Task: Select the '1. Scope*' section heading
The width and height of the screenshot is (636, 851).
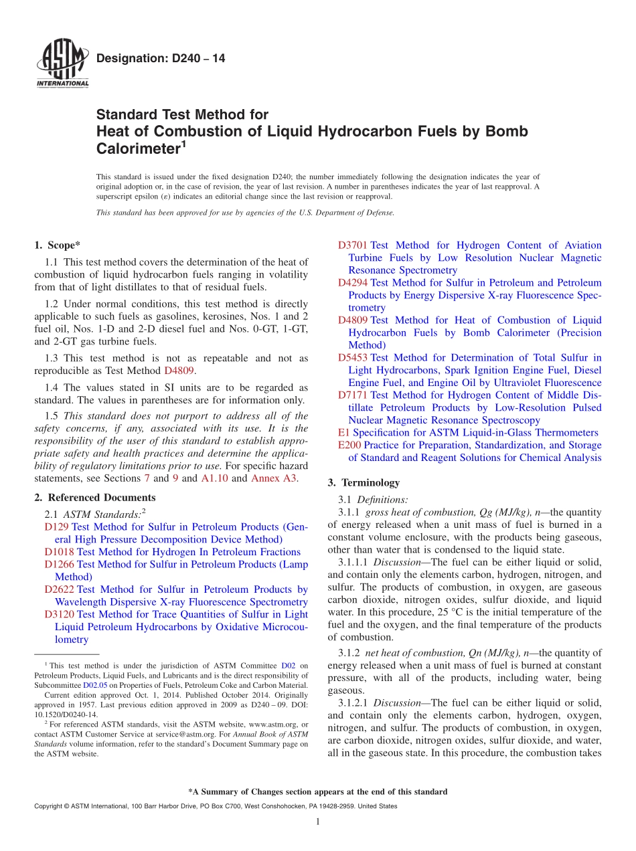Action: tap(57, 246)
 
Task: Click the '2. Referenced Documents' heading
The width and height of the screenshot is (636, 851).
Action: tap(94, 498)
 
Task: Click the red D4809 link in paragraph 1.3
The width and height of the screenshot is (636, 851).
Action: tap(179, 371)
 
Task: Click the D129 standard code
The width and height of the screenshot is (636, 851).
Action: tap(56, 527)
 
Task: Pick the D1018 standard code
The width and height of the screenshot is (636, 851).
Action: tap(59, 552)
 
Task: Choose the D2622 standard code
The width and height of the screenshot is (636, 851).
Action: tap(59, 589)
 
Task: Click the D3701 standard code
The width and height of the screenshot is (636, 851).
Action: tap(353, 246)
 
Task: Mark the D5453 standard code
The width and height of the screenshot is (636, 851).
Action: tap(353, 358)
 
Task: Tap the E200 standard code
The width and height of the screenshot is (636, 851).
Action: tap(349, 446)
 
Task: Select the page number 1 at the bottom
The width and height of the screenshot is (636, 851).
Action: tap(318, 822)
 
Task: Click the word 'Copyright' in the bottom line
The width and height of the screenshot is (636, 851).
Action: tap(48, 807)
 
